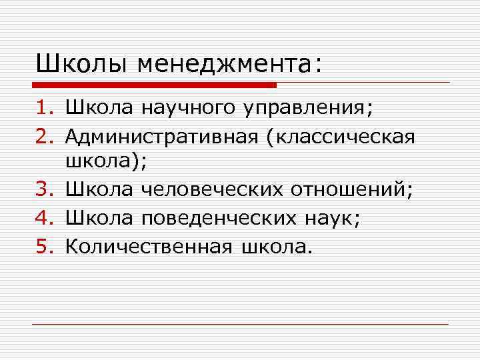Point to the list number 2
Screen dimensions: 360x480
[45, 137]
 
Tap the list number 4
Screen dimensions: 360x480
[45, 219]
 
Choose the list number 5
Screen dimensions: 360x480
[45, 247]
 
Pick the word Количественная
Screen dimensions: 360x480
[148, 247]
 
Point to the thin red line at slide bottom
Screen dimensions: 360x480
[240, 325]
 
